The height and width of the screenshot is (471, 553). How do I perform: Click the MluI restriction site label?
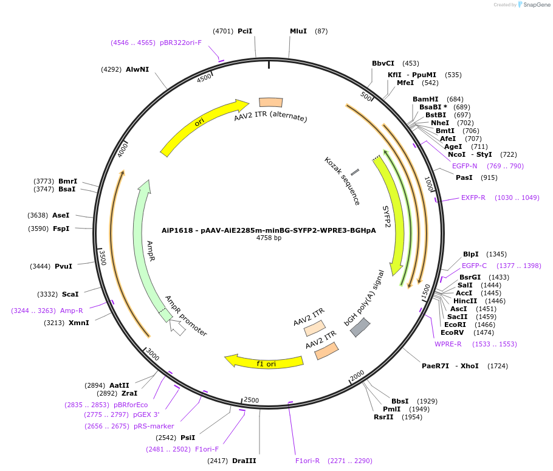click(298, 31)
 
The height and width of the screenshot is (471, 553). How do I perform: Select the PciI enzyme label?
click(245, 31)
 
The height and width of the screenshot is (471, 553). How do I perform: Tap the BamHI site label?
click(425, 99)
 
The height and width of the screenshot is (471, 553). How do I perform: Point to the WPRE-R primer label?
click(448, 344)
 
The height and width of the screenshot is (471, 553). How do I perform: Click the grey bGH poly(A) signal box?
click(360, 328)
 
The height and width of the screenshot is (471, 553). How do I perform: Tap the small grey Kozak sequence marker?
click(355, 173)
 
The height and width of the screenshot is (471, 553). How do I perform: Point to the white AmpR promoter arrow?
click(177, 328)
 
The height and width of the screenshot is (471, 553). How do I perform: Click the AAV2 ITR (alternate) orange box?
click(271, 103)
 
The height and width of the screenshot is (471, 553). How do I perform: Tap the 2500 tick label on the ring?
click(251, 400)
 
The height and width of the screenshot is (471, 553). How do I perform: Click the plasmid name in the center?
click(269, 230)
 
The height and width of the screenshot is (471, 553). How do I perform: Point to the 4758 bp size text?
click(269, 238)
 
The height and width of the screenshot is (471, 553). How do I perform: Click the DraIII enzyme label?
click(244, 461)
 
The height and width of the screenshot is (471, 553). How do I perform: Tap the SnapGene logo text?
click(535, 5)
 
